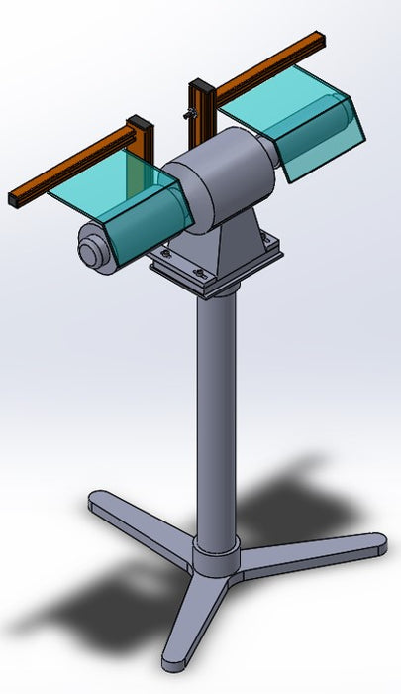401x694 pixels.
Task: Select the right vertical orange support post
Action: tap(206, 109)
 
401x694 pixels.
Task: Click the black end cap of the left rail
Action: tap(16, 197)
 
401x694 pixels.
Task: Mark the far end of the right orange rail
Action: tap(317, 37)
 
